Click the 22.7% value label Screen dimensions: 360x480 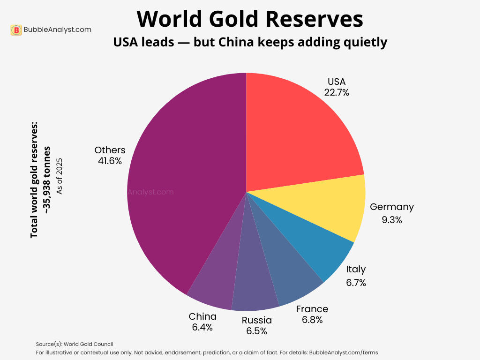337,92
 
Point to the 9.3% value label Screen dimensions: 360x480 391,219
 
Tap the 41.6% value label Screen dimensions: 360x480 110,161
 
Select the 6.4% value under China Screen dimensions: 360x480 202,327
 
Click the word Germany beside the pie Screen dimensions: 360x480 391,207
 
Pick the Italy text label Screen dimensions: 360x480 356,269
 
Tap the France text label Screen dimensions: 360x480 312,309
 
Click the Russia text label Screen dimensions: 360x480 256,320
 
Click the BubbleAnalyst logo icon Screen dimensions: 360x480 16,30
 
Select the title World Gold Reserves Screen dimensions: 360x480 250,19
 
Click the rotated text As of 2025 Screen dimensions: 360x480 59,176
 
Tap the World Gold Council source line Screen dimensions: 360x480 75,344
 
